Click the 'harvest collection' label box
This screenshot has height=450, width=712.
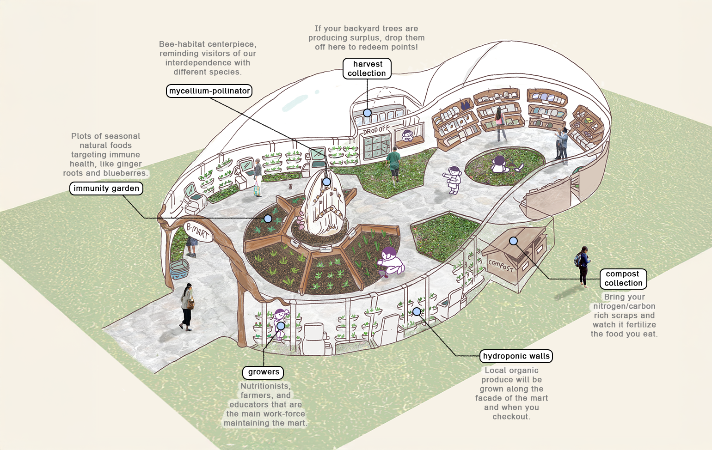click(x=367, y=68)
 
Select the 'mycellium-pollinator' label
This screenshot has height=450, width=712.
click(x=209, y=91)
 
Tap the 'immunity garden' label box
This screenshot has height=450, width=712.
click(x=106, y=189)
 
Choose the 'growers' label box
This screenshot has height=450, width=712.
click(x=263, y=372)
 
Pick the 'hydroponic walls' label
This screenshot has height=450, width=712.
click(x=516, y=356)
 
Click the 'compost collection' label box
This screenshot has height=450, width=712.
click(x=623, y=279)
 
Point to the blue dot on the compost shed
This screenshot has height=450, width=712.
click(x=513, y=241)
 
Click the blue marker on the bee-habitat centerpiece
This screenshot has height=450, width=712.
click(x=326, y=182)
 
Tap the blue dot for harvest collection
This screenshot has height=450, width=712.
click(x=367, y=113)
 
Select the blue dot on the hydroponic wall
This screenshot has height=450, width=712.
click(x=417, y=311)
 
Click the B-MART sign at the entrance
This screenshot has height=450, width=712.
click(x=198, y=231)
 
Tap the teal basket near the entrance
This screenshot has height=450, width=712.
click(x=179, y=269)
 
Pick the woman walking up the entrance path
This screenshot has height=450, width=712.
click(x=186, y=307)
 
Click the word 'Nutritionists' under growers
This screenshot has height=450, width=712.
click(x=265, y=386)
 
